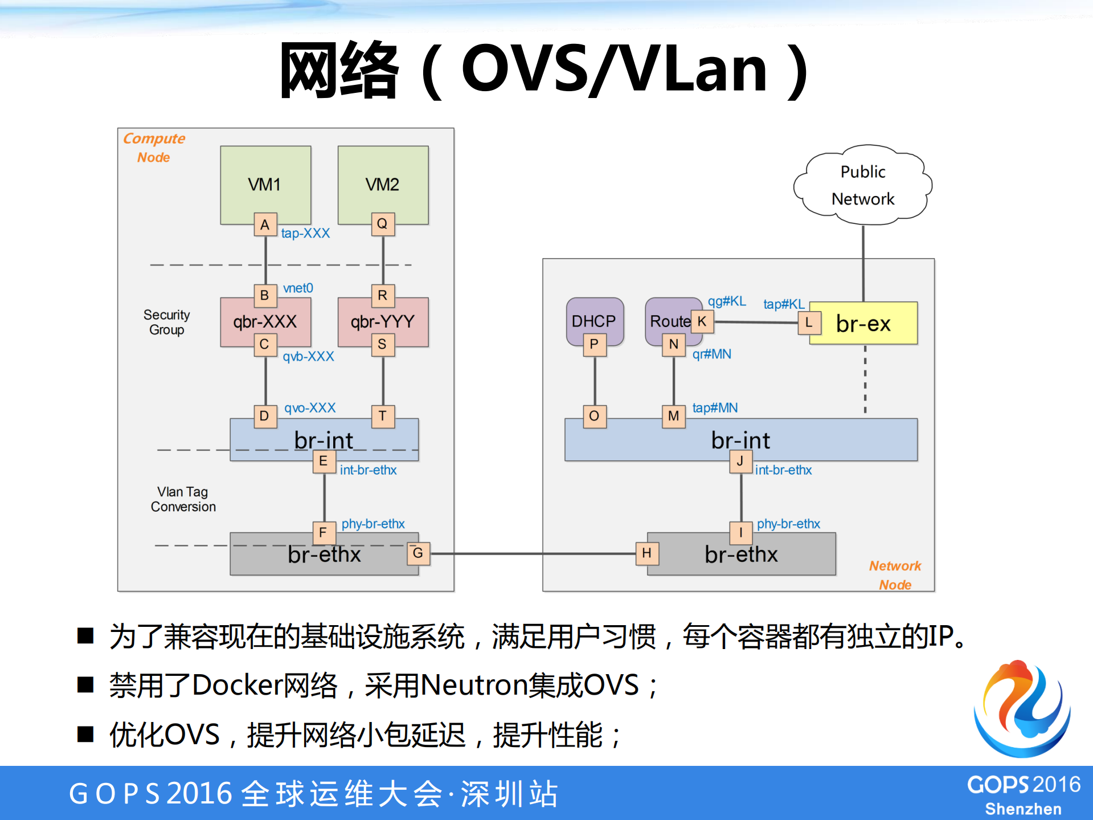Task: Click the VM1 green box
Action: [265, 183]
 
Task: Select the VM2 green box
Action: [383, 183]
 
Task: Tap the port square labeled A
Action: [265, 225]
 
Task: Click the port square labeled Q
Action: [382, 224]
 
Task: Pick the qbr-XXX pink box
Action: [265, 321]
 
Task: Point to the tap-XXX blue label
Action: [305, 233]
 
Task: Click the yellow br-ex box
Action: [863, 323]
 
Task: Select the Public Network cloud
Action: [862, 185]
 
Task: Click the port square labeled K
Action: [702, 321]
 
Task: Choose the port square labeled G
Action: [418, 553]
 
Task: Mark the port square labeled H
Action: [646, 553]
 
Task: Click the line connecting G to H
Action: [533, 553]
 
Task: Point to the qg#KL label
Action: [727, 301]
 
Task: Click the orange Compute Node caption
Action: [154, 148]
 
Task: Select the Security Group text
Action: [166, 322]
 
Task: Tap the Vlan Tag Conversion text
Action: [183, 499]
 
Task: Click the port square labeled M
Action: [673, 416]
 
